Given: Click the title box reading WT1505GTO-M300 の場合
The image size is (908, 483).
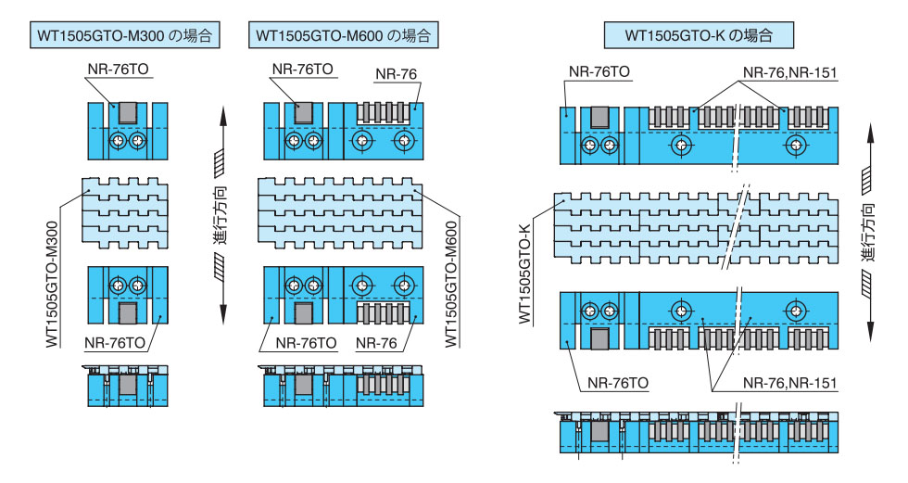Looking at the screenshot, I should pyautogui.click(x=125, y=37).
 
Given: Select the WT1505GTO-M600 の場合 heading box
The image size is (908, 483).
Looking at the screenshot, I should pyautogui.click(x=343, y=37).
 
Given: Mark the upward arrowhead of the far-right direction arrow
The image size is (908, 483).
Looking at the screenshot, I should pyautogui.click(x=871, y=131).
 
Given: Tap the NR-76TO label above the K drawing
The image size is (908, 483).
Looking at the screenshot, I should pyautogui.click(x=599, y=71).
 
